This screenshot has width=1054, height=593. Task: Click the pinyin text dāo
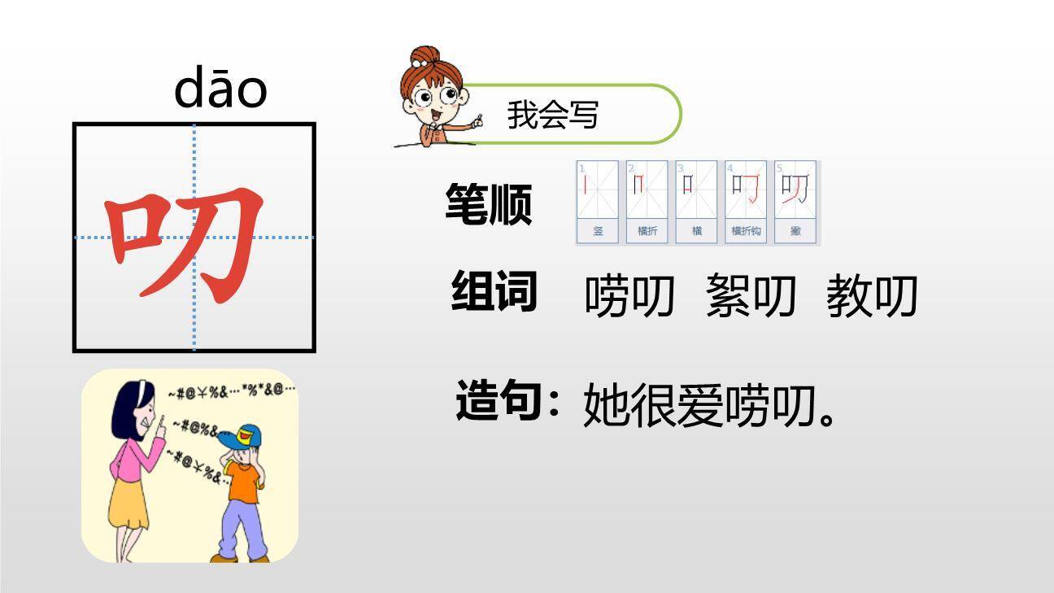(220, 89)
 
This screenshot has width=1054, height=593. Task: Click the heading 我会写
(553, 115)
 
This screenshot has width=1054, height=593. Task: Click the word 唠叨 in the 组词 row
(629, 295)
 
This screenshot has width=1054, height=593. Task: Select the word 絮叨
(750, 295)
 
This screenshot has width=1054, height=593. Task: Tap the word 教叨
(871, 295)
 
